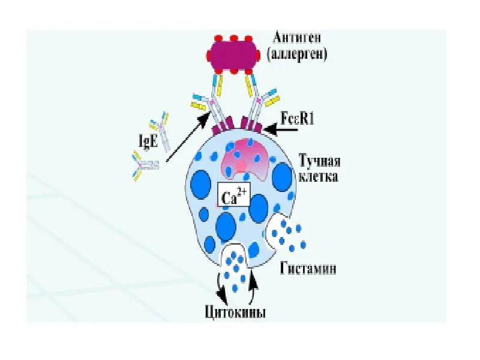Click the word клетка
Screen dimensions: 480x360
(x=319, y=177)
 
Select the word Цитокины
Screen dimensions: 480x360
(x=235, y=313)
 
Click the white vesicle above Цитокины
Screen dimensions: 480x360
(x=236, y=264)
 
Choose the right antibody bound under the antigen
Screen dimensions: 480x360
(x=259, y=99)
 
